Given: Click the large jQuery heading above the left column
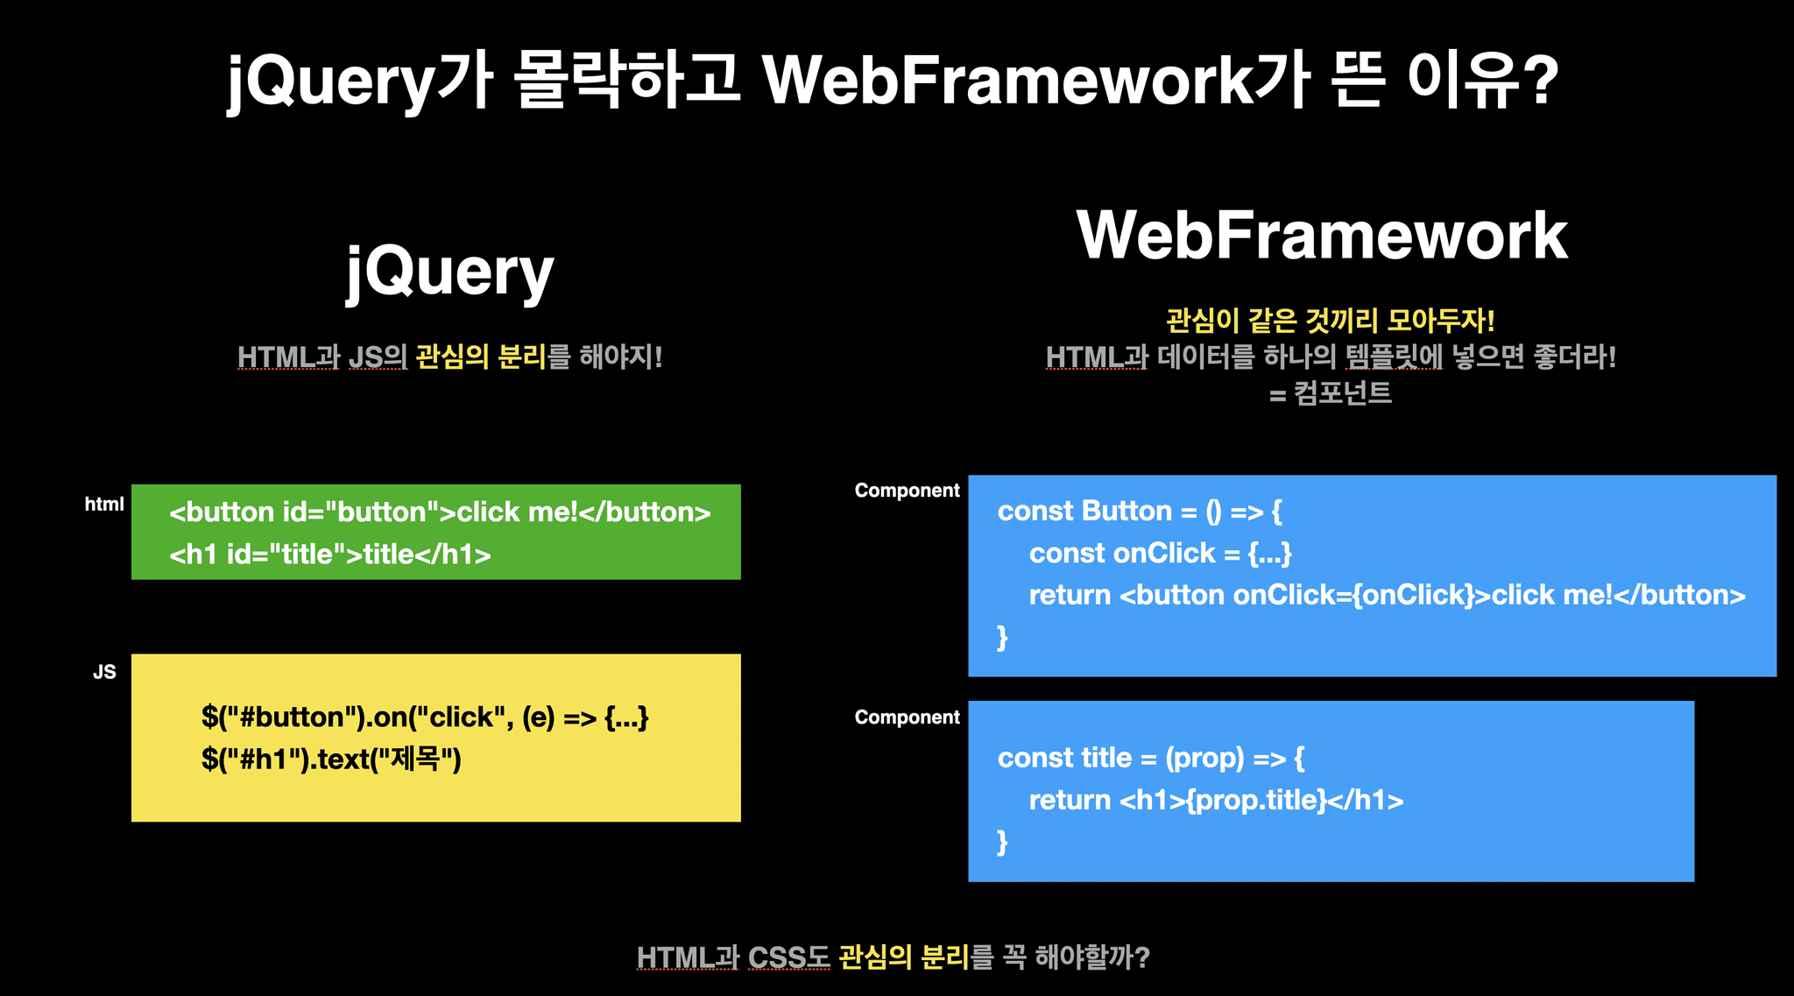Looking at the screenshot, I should point(450,272).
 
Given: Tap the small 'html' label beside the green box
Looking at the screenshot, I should point(104,504).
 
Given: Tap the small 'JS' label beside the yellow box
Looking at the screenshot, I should point(104,672).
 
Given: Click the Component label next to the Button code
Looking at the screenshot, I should point(907,491).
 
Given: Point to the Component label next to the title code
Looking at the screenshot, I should point(907,717).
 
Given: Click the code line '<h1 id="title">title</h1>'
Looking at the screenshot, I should point(329,555).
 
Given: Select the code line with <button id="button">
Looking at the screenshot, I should point(440,512).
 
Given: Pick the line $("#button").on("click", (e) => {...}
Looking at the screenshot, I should point(425,717).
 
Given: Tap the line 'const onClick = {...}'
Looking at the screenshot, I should point(1160,554).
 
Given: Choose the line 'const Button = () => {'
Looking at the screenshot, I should point(1139,512).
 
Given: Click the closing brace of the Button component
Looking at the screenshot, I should point(1002,637).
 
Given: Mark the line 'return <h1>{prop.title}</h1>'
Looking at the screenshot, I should point(1216,800).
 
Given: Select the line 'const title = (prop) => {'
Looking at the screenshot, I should point(1150,758).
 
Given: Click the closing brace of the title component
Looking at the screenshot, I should point(1002,842).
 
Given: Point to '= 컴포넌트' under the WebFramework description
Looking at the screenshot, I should point(1330,393).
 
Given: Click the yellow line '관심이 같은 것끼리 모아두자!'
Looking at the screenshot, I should point(1330,321).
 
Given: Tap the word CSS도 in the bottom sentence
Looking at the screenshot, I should point(788,957).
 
